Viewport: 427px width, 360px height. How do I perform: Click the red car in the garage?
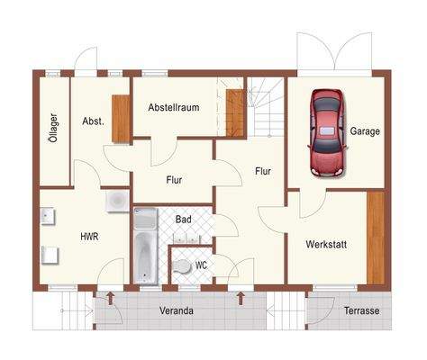point(327,132)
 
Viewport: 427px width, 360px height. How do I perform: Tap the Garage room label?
point(365,131)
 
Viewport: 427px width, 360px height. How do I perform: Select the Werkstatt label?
point(326,244)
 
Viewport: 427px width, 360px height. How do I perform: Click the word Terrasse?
point(361,310)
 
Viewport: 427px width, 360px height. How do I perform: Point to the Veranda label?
point(177,310)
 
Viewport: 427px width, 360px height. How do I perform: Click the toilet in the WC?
point(182,266)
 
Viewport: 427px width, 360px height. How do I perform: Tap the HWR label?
point(89,237)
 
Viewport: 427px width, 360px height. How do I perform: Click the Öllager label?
point(54,128)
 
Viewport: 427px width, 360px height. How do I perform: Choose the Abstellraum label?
point(174,107)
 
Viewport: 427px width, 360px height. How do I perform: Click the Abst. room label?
point(94,121)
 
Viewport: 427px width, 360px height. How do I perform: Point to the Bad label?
point(183,220)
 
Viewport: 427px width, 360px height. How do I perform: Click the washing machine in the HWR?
point(117,201)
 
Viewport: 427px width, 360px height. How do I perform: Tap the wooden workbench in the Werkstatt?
point(376,238)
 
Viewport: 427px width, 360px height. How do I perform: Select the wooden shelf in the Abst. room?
point(121,119)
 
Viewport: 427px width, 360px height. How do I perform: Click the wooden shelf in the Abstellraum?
point(235,112)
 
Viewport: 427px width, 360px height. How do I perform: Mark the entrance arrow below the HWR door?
point(111,298)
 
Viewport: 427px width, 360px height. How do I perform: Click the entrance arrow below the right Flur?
point(241,298)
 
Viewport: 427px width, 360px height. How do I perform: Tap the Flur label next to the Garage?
point(263,171)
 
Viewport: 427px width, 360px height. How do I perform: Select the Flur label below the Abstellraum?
point(174,180)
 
